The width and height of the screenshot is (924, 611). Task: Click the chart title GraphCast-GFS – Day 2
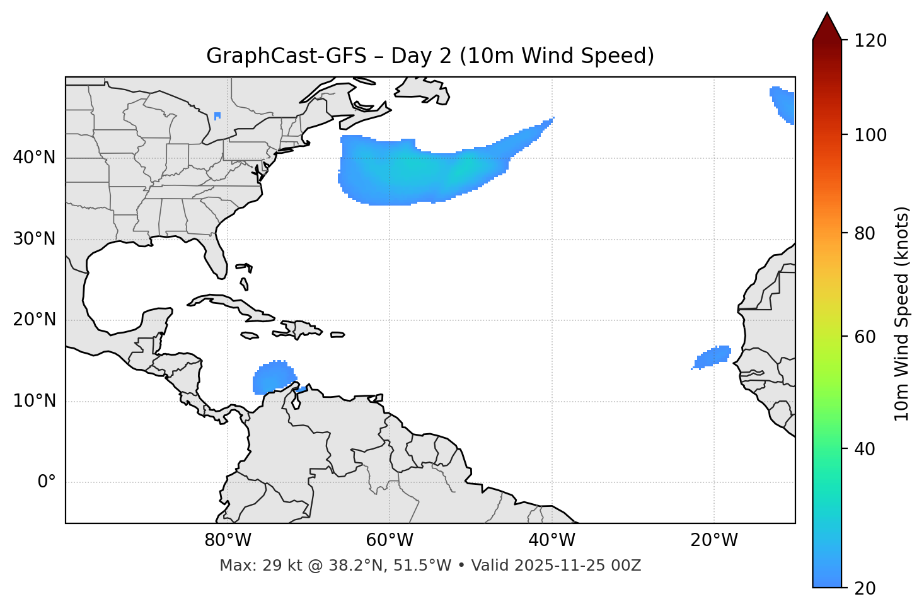(x=430, y=56)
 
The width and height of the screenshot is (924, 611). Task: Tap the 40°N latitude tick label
(x=34, y=158)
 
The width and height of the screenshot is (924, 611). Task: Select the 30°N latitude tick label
(x=34, y=239)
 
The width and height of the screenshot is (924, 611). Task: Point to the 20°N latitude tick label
(x=34, y=320)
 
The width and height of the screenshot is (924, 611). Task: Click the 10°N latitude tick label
(x=34, y=401)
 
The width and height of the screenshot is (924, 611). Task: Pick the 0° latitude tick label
(x=47, y=482)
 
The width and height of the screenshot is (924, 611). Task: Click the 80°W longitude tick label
(x=228, y=540)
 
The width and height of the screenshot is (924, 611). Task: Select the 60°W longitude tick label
(x=390, y=540)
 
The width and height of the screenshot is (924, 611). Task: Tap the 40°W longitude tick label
(x=552, y=540)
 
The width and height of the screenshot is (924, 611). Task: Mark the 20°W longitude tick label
(x=713, y=540)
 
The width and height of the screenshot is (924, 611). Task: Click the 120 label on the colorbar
(x=870, y=41)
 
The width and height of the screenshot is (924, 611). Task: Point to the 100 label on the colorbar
(x=870, y=135)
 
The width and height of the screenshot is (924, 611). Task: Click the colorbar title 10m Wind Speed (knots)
(x=902, y=313)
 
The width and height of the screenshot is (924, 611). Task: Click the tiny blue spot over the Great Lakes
(x=217, y=116)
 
